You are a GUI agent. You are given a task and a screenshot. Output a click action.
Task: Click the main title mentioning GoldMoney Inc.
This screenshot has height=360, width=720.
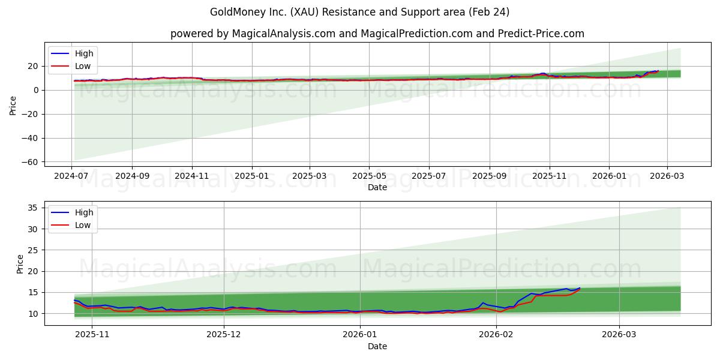tap(359, 12)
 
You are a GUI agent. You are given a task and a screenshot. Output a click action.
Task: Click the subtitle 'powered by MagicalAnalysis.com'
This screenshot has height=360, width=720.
tap(377, 34)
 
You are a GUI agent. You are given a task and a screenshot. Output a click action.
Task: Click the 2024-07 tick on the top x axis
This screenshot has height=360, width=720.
tap(72, 176)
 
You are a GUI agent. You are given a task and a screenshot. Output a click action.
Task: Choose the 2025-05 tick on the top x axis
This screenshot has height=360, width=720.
tap(369, 176)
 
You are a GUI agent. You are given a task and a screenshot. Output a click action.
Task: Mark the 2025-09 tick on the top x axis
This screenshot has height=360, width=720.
tap(489, 176)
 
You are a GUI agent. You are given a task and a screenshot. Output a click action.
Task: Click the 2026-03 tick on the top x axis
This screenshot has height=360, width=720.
tap(667, 176)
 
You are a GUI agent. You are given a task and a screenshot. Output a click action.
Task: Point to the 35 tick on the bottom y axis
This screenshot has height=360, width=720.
tap(34, 208)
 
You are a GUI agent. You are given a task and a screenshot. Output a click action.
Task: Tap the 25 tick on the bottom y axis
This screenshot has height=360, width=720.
tap(34, 250)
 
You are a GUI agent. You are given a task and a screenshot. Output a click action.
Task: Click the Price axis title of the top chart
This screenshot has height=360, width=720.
tap(13, 106)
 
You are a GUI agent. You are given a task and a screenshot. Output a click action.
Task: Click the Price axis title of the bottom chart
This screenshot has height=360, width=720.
tap(20, 264)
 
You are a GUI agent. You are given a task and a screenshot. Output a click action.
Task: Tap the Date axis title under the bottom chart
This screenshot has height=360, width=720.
tap(377, 346)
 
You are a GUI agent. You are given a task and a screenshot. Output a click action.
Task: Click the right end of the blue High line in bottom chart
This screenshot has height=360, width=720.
tap(580, 288)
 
